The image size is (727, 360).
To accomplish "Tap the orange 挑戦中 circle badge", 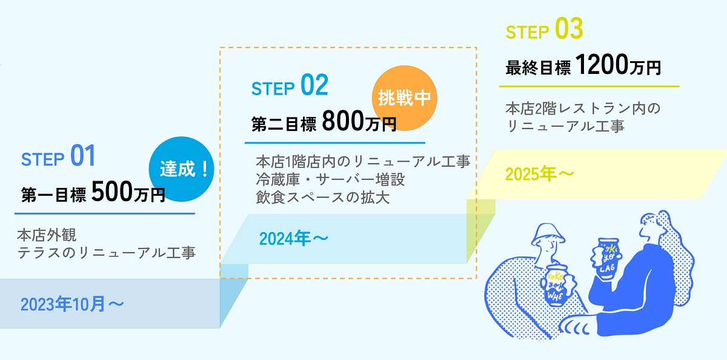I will (x=403, y=98).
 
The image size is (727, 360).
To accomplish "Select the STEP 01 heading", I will (x=58, y=157).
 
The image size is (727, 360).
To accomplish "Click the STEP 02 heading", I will (x=290, y=87).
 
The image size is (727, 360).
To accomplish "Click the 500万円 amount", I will (x=128, y=193).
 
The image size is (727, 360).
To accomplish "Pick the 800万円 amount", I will (x=359, y=122).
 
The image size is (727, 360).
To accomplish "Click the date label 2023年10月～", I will (x=73, y=304).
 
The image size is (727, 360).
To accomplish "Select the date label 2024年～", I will (x=294, y=239).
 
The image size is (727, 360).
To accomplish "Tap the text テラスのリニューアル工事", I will (x=106, y=252).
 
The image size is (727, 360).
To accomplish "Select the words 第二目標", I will (x=284, y=125).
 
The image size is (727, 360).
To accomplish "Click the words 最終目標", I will (x=538, y=68).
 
